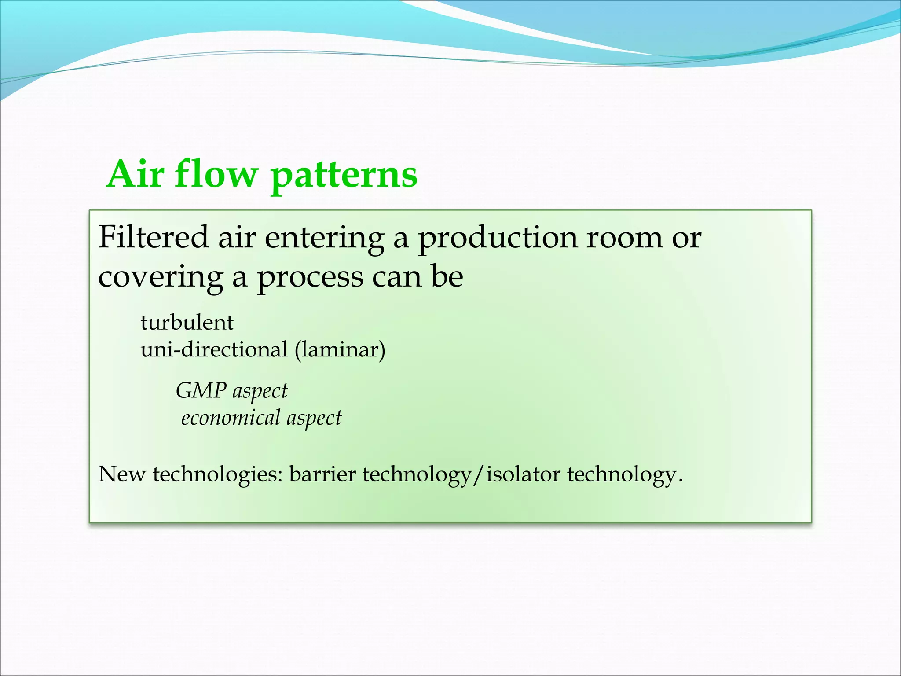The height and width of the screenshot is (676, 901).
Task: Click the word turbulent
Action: [x=187, y=323]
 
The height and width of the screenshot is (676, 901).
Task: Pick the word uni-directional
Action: [x=214, y=350]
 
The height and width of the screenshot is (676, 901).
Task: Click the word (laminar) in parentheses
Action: [x=340, y=351]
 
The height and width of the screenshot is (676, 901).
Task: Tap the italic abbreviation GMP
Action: [x=201, y=390]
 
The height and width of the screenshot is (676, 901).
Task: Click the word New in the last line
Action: [x=121, y=474]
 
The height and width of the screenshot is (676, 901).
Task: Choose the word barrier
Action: [x=322, y=474]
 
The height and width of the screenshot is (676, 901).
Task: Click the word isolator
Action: [x=523, y=474]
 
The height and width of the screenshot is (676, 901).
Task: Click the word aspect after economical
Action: [x=314, y=418]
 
